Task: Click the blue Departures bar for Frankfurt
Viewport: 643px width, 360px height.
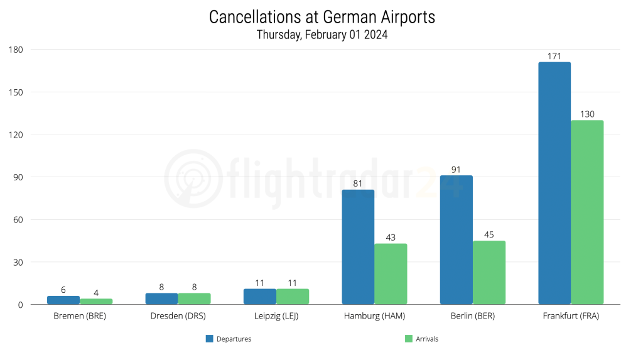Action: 554,183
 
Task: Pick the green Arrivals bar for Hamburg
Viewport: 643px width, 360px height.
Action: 391,274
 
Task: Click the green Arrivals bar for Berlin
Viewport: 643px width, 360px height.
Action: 489,273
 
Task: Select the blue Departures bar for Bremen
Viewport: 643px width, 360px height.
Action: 63,300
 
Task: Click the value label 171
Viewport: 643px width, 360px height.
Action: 554,57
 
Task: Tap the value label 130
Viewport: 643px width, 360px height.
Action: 587,114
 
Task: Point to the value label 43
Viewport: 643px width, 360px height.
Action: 391,237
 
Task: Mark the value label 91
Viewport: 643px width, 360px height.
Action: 456,170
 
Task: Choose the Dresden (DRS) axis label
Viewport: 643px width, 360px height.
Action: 178,316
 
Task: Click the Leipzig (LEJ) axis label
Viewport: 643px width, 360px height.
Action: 276,316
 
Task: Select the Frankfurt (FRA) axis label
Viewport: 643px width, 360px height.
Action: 571,316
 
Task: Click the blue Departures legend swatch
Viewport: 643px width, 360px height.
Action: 210,339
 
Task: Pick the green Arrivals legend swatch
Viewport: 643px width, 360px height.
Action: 409,339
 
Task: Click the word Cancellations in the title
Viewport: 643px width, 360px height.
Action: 254,18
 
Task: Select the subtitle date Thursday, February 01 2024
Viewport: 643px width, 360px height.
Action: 321,35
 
